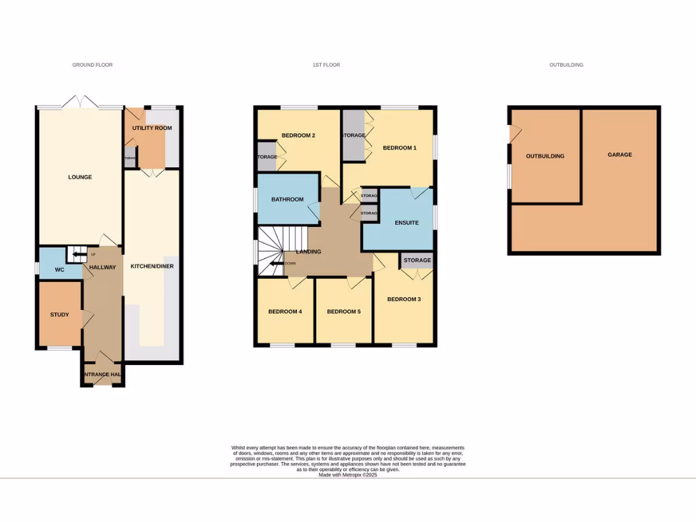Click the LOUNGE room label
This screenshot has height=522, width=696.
point(80,177)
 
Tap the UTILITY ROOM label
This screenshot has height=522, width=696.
point(152,128)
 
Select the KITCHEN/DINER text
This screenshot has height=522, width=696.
point(152,266)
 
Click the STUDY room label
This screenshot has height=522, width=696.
point(59,315)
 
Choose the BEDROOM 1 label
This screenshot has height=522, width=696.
point(399,148)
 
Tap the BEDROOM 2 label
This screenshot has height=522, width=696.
point(298,135)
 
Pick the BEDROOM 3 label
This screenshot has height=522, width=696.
point(404,299)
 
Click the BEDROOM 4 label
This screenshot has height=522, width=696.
point(285,312)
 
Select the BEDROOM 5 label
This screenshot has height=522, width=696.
point(343,312)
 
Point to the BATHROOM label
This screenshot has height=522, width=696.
point(287,200)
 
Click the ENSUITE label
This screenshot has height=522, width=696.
point(406,223)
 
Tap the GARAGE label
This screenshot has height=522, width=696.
point(619,155)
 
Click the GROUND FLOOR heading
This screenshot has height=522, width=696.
point(92,65)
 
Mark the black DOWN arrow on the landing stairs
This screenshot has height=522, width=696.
point(277,264)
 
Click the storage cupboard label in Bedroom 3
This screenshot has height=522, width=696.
point(417,260)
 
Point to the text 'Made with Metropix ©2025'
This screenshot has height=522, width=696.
point(347,475)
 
